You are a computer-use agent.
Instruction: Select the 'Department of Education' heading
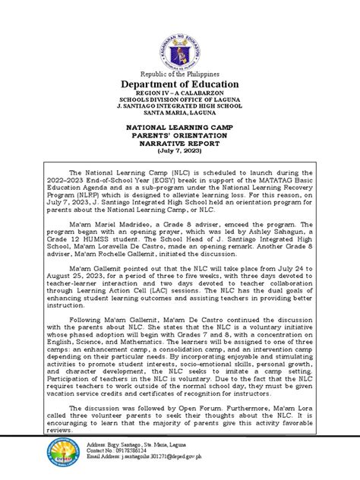[x=179, y=84]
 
